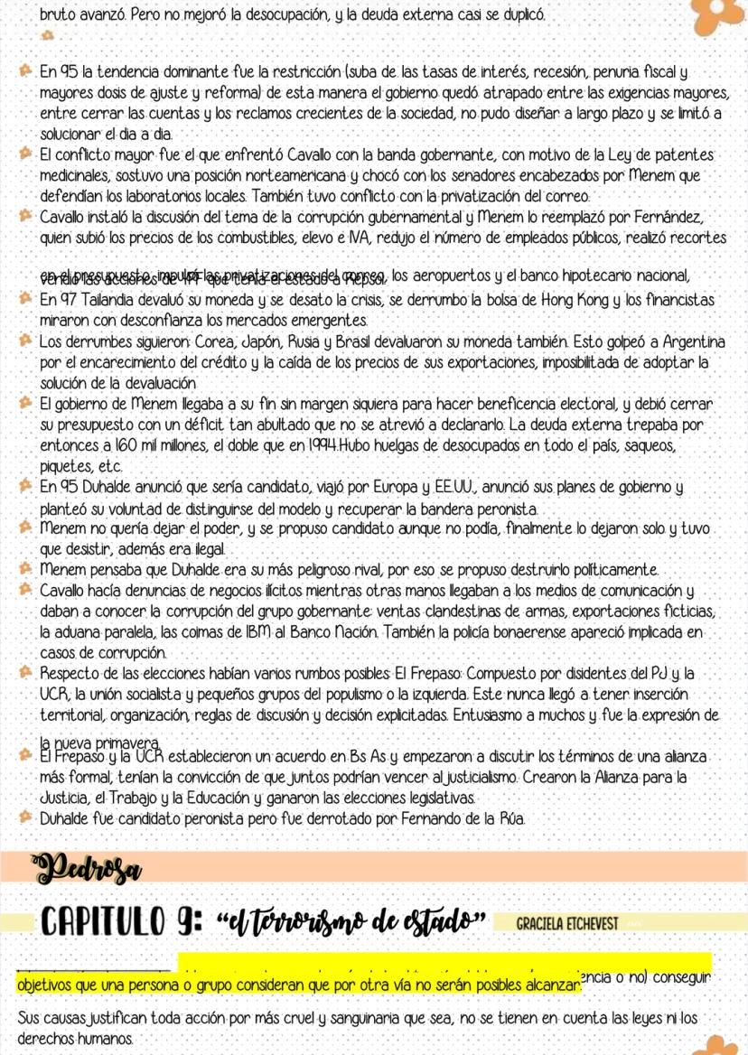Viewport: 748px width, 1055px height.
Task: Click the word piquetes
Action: [x=67, y=466]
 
